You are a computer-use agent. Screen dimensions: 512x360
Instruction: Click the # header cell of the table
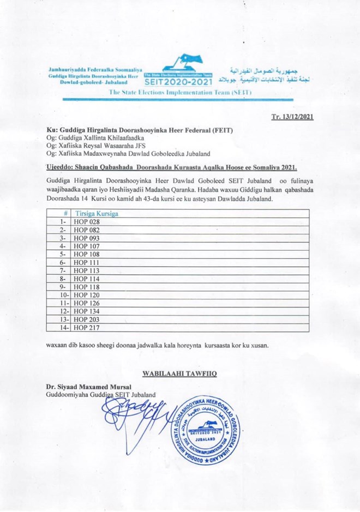click(65, 214)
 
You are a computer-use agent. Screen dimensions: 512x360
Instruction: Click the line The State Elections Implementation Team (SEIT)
click(180, 93)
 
